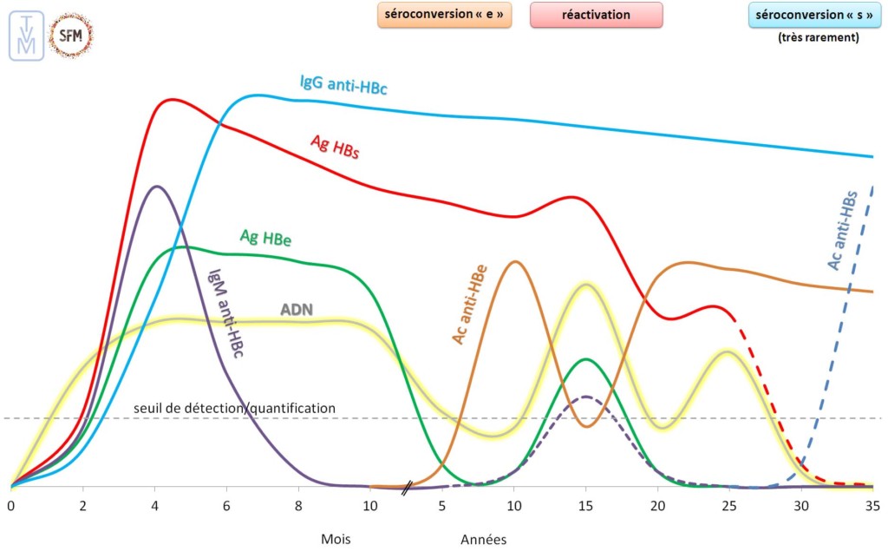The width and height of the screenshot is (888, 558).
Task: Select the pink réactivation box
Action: tap(596, 15)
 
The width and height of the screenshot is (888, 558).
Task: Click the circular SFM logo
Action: tap(71, 36)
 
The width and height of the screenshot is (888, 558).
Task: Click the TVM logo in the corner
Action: tap(26, 36)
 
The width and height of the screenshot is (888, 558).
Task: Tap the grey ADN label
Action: tap(297, 309)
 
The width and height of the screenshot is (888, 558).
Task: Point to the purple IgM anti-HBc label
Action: tap(224, 309)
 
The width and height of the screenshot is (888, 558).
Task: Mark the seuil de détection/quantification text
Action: tap(234, 408)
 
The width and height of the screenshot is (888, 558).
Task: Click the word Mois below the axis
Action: tap(336, 538)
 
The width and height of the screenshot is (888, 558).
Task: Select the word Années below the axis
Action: tap(483, 539)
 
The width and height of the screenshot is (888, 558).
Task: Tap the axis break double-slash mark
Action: tap(407, 488)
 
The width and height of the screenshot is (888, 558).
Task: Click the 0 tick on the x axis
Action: tap(11, 505)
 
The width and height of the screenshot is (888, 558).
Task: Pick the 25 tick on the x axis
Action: tap(728, 505)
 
